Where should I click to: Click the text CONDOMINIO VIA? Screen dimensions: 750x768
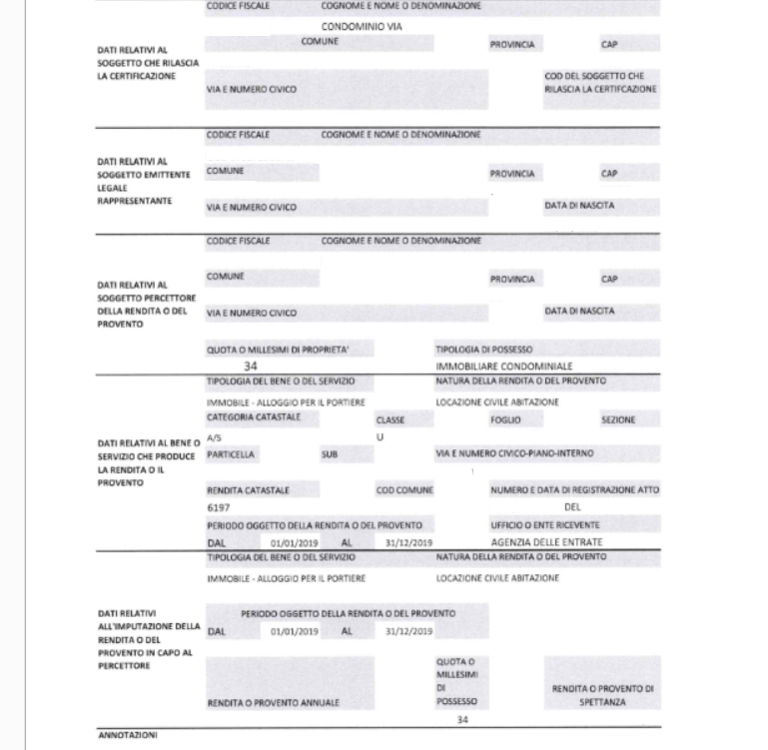(x=362, y=27)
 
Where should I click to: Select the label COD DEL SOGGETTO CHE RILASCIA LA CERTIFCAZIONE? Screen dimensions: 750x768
(x=600, y=82)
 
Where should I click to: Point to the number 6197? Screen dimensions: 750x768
(x=218, y=507)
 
